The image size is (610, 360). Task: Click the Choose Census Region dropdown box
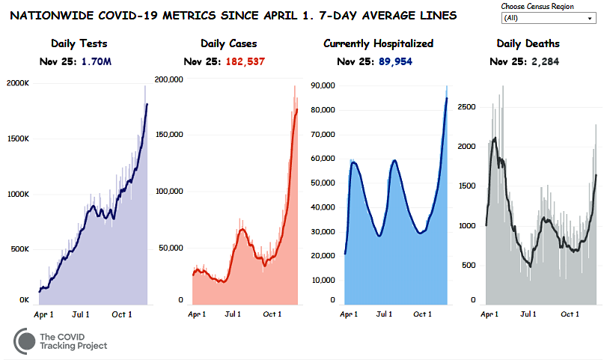549,17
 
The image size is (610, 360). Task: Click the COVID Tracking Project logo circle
25,341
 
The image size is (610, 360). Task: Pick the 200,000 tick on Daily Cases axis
169,78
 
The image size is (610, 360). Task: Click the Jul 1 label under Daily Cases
234,314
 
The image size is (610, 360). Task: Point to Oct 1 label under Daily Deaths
570,314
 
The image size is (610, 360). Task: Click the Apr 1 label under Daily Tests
44,314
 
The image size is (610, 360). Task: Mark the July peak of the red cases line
242,229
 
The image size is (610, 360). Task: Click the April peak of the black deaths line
493,138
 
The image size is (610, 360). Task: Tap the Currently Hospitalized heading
378,44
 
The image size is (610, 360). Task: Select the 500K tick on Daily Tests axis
18,249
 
